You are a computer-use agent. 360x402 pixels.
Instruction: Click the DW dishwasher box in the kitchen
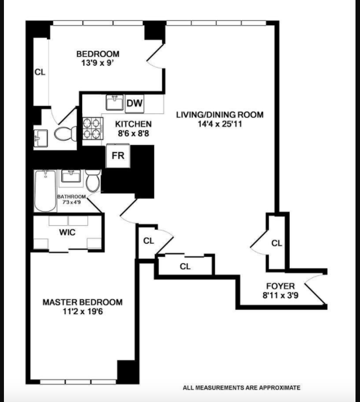(134, 103)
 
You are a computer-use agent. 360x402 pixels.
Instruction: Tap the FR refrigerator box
(118, 156)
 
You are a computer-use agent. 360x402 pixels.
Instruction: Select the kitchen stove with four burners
(92, 129)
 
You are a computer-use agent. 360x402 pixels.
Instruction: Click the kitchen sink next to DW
(115, 103)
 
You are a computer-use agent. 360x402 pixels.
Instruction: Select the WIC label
(67, 232)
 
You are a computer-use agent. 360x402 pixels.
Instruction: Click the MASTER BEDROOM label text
(83, 302)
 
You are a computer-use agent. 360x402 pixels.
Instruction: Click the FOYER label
(280, 285)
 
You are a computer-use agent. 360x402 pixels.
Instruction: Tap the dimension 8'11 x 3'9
(280, 294)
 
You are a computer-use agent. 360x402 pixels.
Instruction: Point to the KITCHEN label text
(133, 124)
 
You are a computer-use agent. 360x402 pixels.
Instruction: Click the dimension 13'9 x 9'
(98, 63)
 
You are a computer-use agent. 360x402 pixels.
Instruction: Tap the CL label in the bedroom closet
(39, 72)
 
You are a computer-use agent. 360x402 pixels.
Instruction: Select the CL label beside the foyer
(277, 243)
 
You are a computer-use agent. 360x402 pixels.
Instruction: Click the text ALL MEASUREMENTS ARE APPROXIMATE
(241, 388)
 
